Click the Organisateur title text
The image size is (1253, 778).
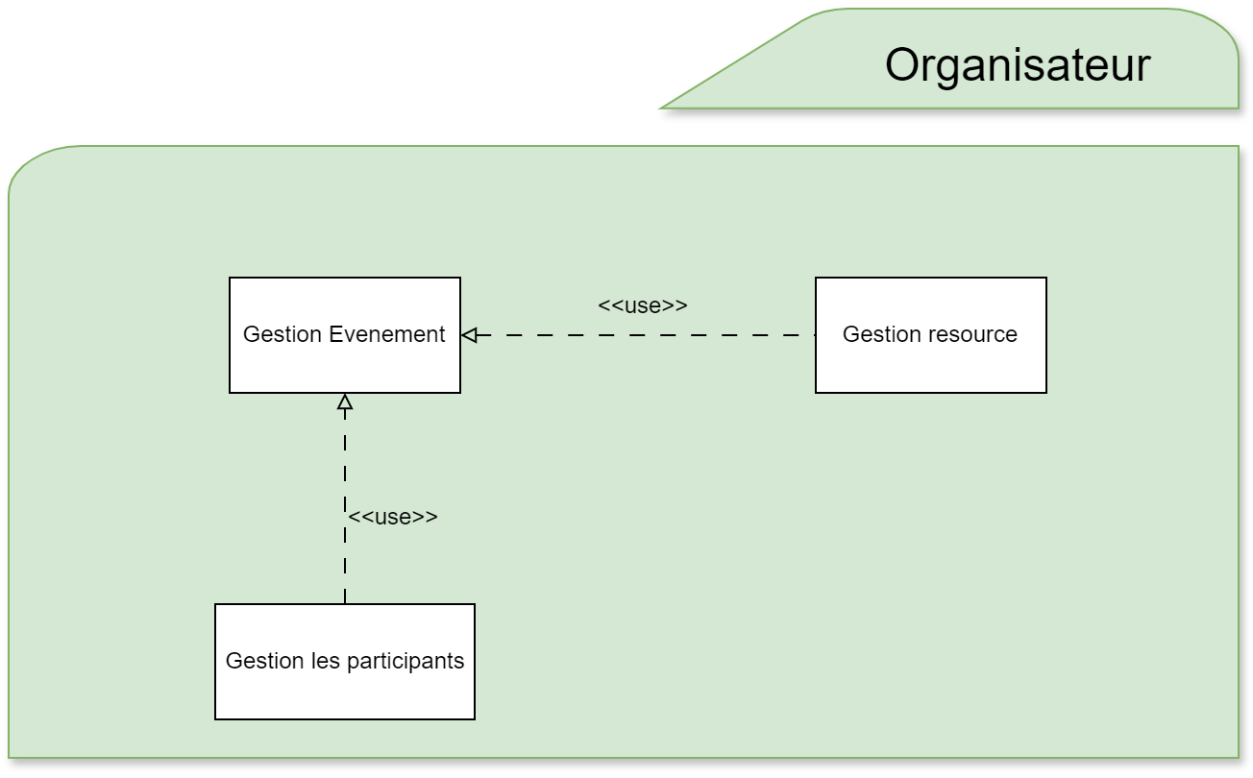click(x=1017, y=66)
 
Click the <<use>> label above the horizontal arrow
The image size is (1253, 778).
click(x=642, y=305)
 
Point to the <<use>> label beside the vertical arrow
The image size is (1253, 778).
click(x=392, y=517)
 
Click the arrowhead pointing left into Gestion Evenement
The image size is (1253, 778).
click(x=469, y=335)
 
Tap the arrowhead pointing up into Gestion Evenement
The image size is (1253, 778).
click(x=345, y=401)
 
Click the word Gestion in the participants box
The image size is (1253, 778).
click(x=264, y=661)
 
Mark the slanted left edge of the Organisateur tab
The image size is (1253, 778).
click(x=735, y=60)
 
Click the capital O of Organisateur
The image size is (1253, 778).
click(x=904, y=66)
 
